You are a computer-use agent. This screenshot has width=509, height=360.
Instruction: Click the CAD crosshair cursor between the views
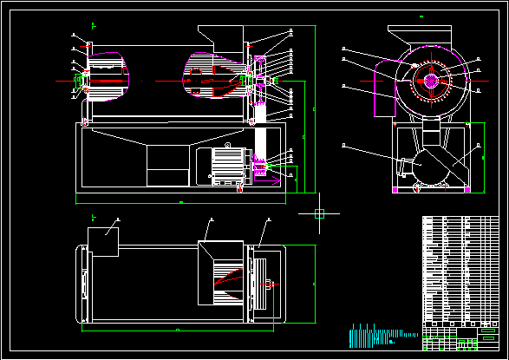pos(319,213)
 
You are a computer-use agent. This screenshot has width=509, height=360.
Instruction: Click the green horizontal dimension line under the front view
pos(182,203)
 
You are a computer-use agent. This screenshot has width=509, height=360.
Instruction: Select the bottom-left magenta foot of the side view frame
pos(395,189)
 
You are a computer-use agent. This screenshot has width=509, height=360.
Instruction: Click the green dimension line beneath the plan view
pos(178,331)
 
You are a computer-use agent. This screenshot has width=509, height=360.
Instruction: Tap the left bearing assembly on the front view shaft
pos(82,81)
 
